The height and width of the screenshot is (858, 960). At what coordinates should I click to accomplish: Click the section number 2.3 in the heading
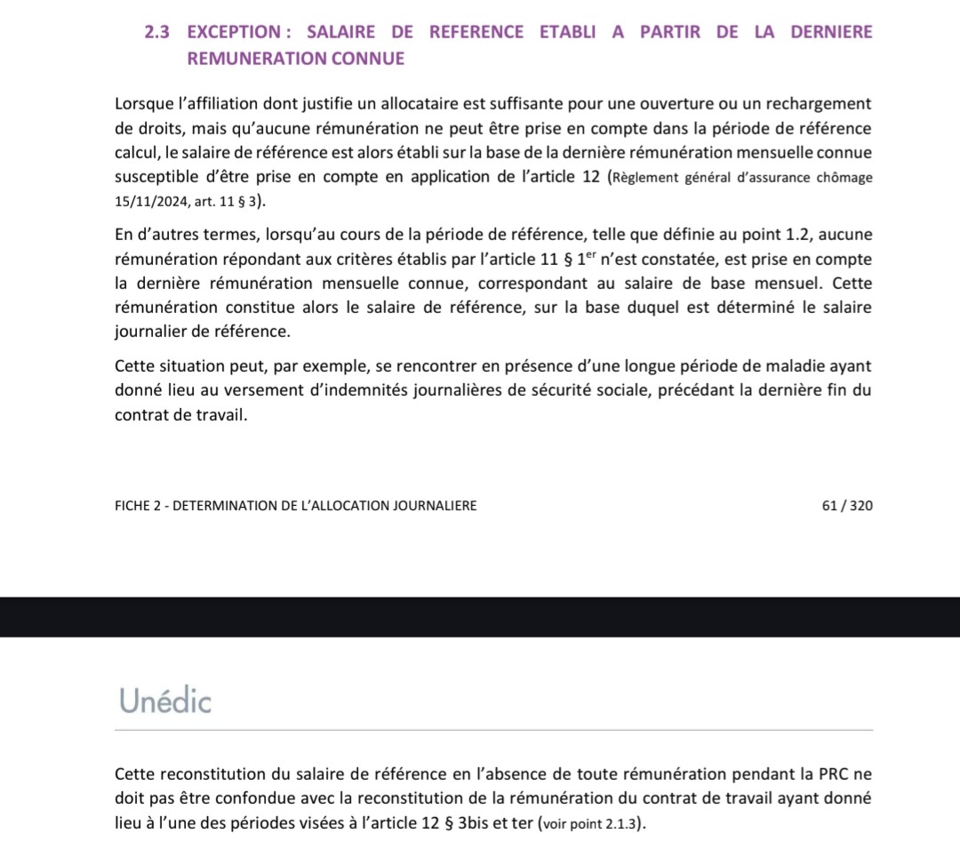156,32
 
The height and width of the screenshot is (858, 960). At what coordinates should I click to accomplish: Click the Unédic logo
165,702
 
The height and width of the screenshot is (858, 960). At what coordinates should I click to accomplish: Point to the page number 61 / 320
848,506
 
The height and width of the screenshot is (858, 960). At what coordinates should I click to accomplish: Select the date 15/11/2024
149,202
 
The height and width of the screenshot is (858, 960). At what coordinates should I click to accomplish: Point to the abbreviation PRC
832,774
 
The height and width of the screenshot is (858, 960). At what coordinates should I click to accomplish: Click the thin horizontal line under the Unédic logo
493,730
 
